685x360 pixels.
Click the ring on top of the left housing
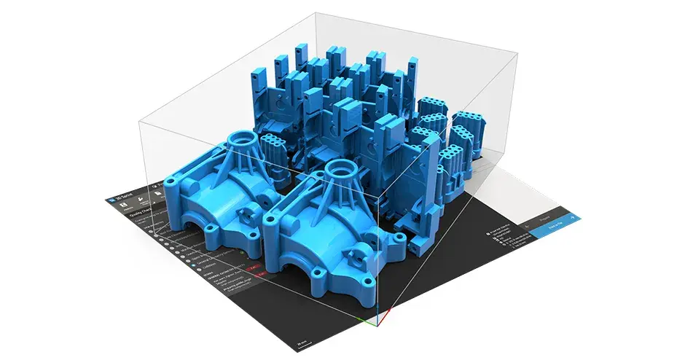241,138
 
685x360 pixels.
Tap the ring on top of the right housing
339,169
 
